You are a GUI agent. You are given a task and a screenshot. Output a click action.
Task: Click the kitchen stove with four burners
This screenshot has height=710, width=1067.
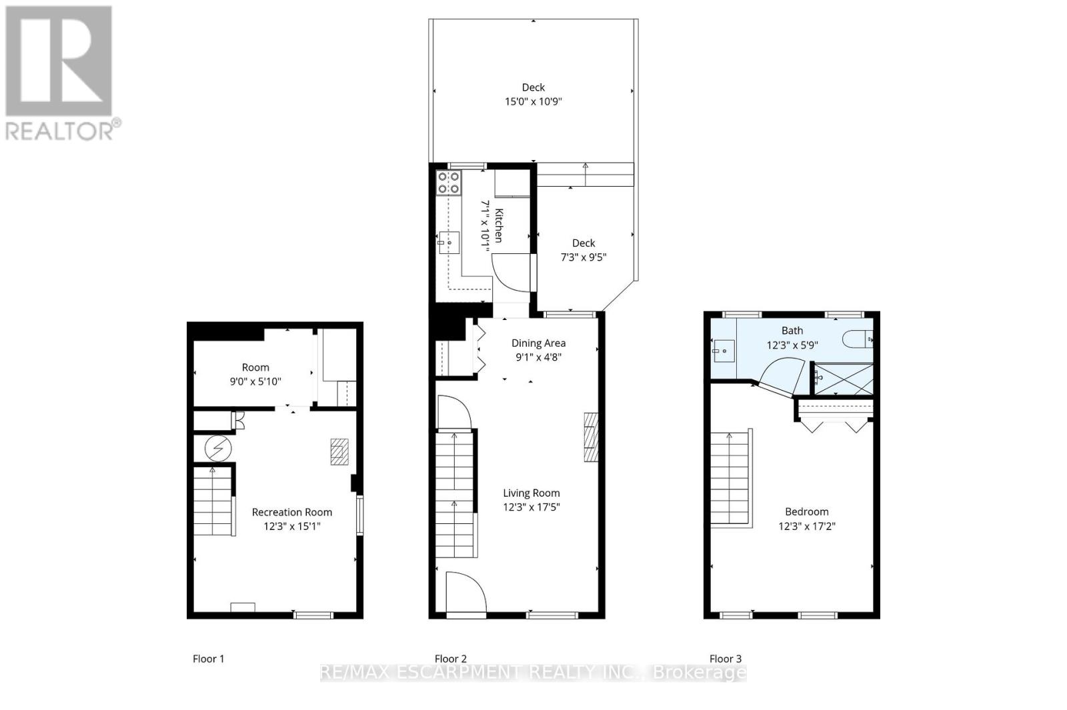coord(449,183)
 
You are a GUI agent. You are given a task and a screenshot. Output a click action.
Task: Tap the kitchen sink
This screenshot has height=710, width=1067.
coord(449,243)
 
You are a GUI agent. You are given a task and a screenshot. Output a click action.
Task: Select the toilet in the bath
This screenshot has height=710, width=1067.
coord(858,339)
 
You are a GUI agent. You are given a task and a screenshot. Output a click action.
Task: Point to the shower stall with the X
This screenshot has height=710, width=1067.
coord(844,379)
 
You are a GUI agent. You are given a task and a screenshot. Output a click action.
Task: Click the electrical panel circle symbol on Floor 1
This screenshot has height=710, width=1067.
coord(218,449)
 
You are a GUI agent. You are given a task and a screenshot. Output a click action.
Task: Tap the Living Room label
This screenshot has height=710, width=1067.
coord(531,493)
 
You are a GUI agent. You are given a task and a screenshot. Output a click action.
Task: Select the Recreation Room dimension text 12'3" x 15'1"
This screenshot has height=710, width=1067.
coord(292,526)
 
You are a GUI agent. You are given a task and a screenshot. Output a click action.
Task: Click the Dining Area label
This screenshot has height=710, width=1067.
coord(539,343)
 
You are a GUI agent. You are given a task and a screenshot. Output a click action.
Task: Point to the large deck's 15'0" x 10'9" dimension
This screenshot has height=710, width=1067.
coord(533,101)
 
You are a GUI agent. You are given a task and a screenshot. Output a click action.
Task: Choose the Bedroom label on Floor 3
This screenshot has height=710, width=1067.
coord(807,511)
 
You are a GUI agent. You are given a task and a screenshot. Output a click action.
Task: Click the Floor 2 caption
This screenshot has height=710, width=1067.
coord(451,659)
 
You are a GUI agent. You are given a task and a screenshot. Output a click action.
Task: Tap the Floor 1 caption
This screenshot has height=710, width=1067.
coord(208,659)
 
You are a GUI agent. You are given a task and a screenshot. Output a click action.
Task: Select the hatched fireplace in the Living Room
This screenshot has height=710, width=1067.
coord(591,437)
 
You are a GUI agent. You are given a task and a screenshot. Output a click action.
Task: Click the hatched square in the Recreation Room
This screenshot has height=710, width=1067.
coord(339,451)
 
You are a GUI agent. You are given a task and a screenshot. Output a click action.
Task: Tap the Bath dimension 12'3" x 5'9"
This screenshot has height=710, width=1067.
coord(792,345)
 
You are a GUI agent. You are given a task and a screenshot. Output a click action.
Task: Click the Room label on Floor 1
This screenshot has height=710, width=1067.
coord(255,367)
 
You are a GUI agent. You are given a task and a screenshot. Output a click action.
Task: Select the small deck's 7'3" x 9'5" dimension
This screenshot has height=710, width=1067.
coord(584,257)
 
